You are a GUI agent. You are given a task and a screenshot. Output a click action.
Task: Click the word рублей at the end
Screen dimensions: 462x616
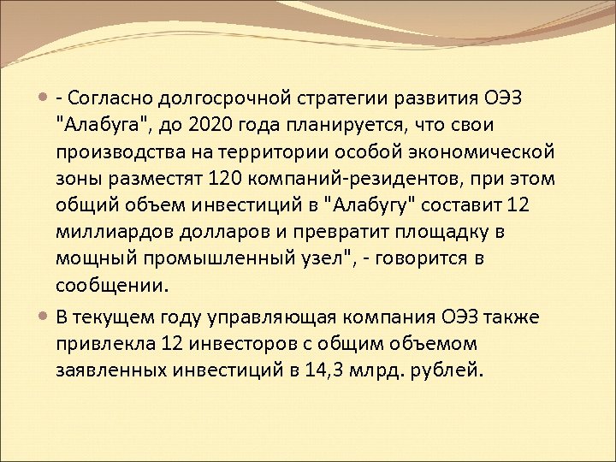(x=455, y=370)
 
